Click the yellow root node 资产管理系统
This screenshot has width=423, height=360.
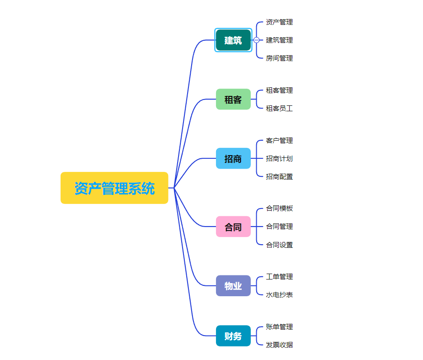114,188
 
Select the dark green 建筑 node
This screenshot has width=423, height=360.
233,40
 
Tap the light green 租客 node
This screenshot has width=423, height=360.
233,99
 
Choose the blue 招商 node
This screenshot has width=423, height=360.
233,159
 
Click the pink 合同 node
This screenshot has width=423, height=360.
233,227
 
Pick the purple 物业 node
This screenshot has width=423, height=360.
233,286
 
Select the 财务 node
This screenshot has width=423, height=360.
233,336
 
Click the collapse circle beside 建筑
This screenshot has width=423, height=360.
257,40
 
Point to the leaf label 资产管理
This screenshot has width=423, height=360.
279,22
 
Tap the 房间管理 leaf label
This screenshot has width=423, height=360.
279,58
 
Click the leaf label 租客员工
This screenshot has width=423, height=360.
279,109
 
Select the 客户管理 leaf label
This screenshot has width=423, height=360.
279,141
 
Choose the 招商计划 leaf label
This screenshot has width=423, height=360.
279,159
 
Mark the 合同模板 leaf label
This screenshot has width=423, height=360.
279,208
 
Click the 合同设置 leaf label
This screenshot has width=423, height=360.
279,245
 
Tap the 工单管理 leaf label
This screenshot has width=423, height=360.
279,277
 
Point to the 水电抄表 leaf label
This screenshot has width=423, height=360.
279,295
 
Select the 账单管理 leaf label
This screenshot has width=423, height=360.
279,327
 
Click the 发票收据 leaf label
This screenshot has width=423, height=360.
279,345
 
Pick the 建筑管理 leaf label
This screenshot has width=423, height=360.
279,40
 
